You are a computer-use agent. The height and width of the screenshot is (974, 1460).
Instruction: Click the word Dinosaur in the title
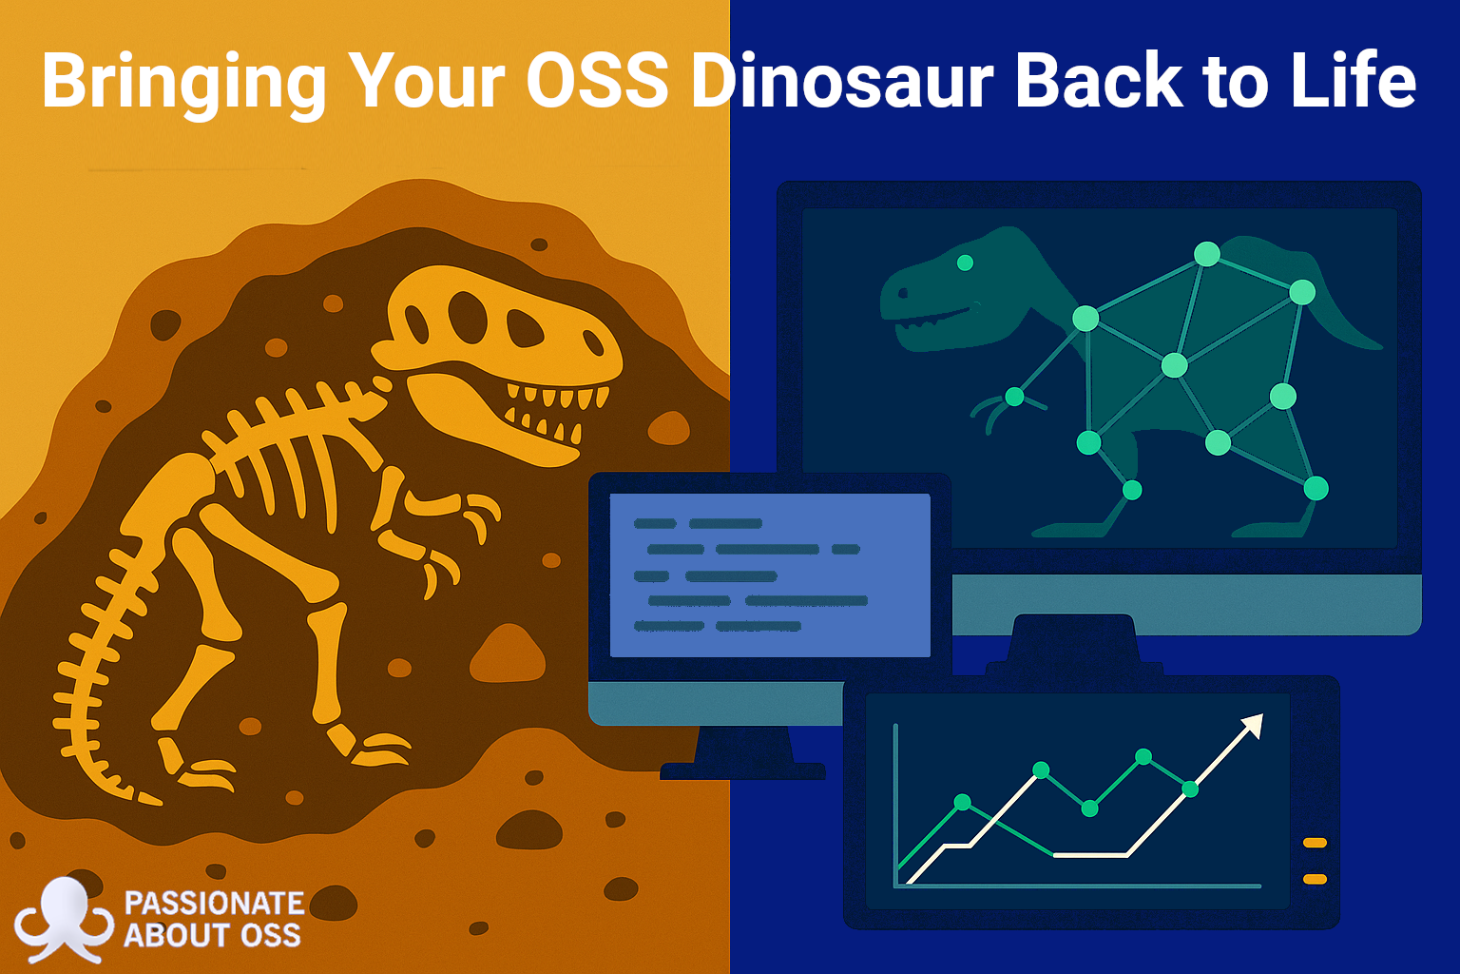pos(842,81)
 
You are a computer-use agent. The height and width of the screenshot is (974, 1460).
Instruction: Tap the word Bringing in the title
pos(183,85)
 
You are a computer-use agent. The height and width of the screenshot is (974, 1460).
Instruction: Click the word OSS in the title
pos(597,81)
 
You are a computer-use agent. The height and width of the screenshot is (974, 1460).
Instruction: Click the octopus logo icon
pos(64,920)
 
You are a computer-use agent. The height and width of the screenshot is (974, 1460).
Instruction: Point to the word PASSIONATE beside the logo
pos(214,904)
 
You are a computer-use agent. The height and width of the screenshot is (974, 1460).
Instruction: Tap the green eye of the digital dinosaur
pos(966,263)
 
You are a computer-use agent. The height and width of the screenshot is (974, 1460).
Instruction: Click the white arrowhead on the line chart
pos(1253,726)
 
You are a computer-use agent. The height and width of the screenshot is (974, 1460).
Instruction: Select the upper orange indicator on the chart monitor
pos(1315,843)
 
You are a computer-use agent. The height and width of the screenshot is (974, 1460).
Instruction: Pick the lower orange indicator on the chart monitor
pos(1315,880)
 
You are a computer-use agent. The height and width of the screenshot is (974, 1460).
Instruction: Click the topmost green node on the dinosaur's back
pos(1206,254)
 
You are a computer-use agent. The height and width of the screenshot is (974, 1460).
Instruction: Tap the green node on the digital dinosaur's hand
pos(1014,396)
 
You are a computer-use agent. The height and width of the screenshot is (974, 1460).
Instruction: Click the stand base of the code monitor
pos(742,771)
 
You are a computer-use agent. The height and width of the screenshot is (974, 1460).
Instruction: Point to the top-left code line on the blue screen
pos(654,523)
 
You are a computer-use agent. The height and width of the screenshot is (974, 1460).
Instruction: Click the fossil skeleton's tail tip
pos(151,800)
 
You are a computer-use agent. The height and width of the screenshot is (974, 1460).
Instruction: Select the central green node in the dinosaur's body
pos(1175,365)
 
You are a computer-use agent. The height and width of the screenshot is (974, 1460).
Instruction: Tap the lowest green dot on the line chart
pos(1089,808)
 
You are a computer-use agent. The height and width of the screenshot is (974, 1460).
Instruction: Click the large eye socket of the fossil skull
pos(468,318)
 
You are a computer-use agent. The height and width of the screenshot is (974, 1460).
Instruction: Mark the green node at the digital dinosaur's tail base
pos(1301,292)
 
